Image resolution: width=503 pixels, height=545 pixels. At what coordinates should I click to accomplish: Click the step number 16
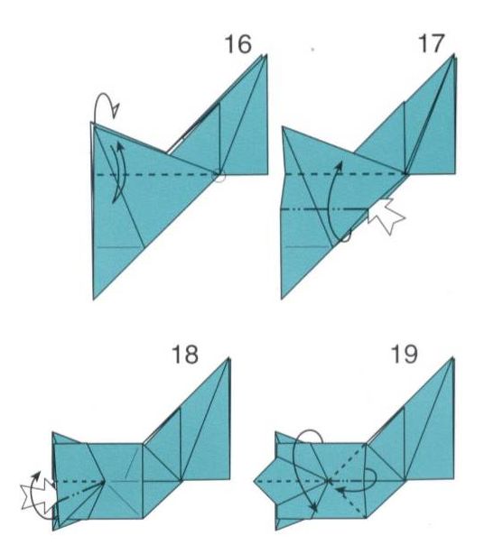238,44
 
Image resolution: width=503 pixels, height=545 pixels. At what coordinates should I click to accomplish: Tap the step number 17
432,43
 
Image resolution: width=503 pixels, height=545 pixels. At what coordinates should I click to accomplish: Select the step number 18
185,355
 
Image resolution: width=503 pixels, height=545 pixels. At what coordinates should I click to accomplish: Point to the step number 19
405,354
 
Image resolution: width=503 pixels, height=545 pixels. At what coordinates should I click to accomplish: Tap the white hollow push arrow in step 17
387,216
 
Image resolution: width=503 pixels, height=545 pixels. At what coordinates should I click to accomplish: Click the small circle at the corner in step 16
219,175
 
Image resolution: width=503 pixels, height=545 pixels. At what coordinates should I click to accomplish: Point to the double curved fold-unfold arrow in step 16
118,172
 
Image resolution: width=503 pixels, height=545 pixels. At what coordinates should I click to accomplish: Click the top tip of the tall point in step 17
453,54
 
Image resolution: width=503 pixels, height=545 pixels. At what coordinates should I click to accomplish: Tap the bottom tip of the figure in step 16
94,299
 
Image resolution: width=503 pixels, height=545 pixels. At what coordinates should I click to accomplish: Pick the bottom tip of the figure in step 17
282,299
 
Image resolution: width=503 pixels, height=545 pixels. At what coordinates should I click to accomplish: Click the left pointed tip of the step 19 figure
255,481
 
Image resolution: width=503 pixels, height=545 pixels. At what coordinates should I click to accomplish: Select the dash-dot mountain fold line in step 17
324,209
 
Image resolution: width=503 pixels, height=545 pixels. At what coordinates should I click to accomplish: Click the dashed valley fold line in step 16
155,174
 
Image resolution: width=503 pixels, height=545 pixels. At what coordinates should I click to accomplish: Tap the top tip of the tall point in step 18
229,358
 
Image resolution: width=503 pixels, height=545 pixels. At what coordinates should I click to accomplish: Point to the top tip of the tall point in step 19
452,357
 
